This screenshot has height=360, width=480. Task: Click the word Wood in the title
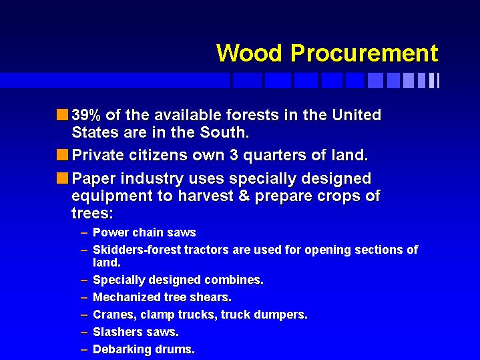[x=249, y=53]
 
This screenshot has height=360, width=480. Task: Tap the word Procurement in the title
[x=365, y=53]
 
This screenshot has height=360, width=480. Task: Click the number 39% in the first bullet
[x=86, y=115]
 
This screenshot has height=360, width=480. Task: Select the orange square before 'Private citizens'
[x=62, y=154]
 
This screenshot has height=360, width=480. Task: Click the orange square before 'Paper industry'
[x=62, y=178]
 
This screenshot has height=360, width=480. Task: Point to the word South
[x=224, y=132]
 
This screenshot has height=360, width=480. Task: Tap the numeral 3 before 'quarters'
[x=234, y=155]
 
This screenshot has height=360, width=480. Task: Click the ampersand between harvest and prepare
[x=244, y=196]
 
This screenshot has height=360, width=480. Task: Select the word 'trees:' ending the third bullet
[x=92, y=213]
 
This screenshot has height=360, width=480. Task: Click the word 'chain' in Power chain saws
[x=144, y=232]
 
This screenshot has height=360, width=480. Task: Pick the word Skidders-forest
[x=137, y=250]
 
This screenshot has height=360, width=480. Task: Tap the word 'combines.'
[x=234, y=281]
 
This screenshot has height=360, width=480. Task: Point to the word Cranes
[x=115, y=315]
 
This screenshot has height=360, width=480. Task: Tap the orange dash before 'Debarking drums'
[x=84, y=349]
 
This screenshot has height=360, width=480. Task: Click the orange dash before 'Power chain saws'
[x=84, y=233]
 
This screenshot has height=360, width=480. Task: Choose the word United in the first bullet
[x=356, y=115]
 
